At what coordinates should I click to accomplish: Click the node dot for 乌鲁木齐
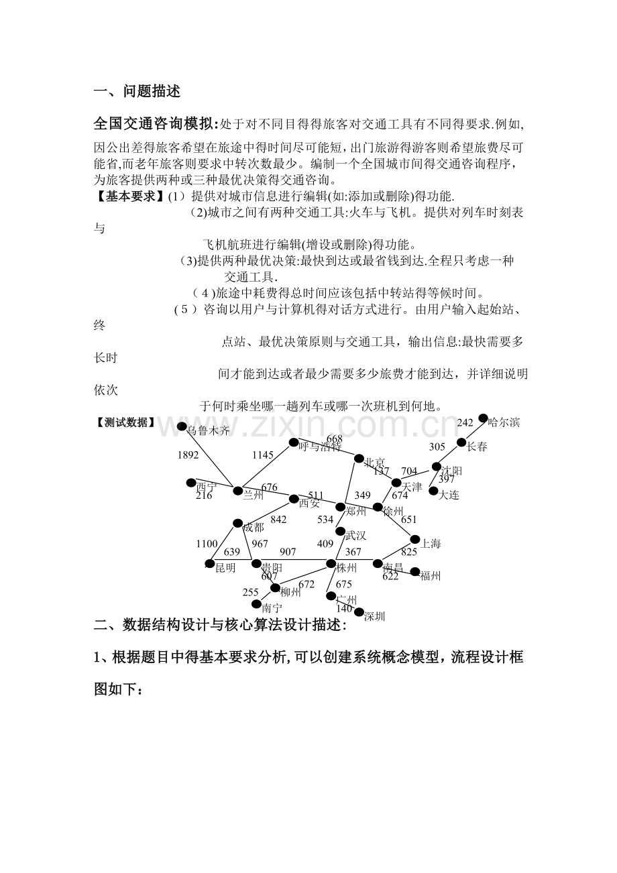pos(181,426)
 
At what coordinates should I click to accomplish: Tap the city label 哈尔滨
pos(504,422)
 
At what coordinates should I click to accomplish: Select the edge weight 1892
pos(188,455)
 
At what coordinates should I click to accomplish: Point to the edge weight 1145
pos(263,455)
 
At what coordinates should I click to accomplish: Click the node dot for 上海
pos(414,538)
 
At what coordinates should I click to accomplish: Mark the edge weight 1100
pos(207,544)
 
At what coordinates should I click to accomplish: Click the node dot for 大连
pos(433,491)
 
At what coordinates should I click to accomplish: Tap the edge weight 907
pos(288,552)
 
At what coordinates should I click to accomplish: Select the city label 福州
pos(430,575)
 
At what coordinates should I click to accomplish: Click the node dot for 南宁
pos(256,603)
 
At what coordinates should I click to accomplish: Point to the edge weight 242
pos(465,422)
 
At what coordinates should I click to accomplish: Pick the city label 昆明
pos(225,568)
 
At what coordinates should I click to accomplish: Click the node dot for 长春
pos(461,443)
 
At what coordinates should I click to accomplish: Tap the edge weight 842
pos(278,520)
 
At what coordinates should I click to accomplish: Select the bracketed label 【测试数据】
pos(125,422)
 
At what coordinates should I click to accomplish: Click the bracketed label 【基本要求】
pos(130,196)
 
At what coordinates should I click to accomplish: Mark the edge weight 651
pos(408,520)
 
